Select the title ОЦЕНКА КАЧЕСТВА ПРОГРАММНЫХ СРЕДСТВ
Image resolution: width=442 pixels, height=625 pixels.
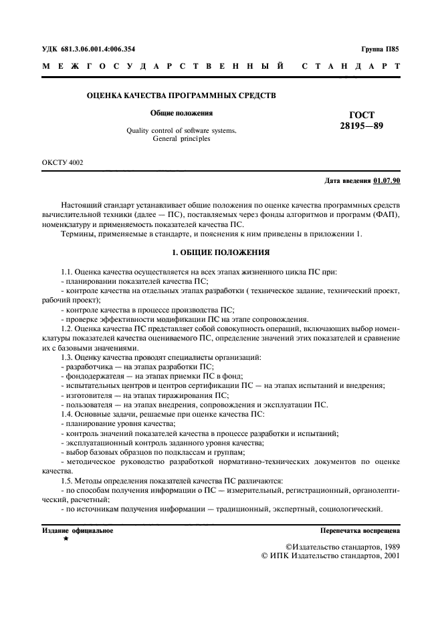(x=181, y=96)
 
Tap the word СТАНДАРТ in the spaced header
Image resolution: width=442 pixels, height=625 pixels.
(x=351, y=67)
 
